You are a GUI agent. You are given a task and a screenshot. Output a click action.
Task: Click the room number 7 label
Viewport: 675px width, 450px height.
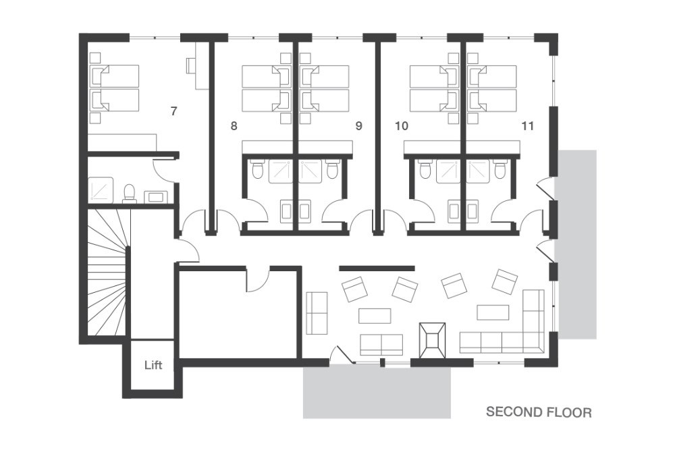[x=173, y=111]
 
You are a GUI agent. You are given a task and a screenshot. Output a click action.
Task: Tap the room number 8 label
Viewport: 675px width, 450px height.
[x=234, y=126]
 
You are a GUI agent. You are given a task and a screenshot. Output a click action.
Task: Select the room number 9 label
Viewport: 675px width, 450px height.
[x=358, y=126]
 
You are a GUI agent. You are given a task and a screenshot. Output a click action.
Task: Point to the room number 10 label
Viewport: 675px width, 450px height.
[x=401, y=126]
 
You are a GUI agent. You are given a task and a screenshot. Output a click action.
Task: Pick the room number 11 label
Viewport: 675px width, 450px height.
[x=527, y=126]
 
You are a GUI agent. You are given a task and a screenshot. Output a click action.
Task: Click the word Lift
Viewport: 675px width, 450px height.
[x=153, y=365]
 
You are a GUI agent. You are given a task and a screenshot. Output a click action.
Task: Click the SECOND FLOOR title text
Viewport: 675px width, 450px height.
[x=539, y=412]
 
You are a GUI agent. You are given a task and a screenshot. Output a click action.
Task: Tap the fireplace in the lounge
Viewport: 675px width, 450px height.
[x=432, y=340]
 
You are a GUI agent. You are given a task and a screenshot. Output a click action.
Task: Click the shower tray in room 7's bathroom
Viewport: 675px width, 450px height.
[x=101, y=190]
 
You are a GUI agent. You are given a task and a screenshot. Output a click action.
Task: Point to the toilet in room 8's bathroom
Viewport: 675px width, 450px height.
[x=257, y=169]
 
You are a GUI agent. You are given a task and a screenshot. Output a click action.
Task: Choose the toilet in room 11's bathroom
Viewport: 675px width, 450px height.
[x=500, y=169]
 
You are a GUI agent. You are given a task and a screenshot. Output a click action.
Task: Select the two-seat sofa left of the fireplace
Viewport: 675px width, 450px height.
[x=381, y=345]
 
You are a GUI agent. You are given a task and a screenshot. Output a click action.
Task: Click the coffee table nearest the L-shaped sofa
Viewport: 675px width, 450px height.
[x=493, y=312]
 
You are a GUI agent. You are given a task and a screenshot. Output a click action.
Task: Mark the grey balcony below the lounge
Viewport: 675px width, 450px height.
[x=377, y=391]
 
